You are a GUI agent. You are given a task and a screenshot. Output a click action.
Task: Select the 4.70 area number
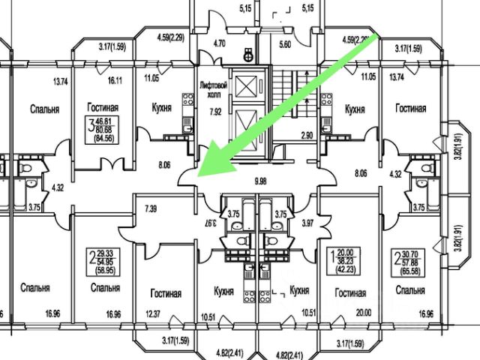(x=219, y=43)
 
